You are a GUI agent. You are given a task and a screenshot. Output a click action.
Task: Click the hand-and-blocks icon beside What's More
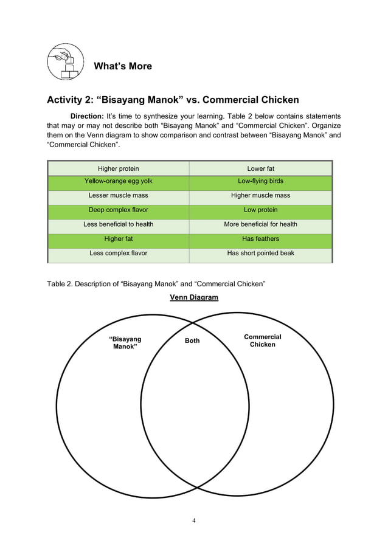64,61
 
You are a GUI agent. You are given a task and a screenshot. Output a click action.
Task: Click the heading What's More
123,66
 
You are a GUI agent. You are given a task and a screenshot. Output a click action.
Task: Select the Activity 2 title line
173,100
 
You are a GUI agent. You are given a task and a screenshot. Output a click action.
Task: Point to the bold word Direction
87,116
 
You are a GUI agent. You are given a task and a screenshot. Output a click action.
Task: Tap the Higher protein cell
119,168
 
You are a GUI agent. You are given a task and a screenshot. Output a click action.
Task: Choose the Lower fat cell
260,168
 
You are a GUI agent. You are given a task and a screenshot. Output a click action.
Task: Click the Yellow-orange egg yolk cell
119,181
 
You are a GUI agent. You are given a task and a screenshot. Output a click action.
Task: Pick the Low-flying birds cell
260,181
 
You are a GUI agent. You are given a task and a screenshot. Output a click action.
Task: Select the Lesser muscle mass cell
119,196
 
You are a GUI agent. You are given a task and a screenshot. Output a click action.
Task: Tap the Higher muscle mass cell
260,196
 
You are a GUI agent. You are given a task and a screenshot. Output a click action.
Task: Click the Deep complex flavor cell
119,210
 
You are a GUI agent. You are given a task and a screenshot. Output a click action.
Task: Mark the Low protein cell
260,210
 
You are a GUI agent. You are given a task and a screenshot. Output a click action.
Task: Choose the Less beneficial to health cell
119,224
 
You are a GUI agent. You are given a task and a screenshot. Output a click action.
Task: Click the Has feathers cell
260,239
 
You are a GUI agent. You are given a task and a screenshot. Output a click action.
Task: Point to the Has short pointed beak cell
260,253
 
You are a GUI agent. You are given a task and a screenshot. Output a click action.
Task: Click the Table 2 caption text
156,283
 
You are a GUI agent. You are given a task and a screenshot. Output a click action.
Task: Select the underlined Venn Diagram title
194,297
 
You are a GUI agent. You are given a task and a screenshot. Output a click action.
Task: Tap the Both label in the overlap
192,341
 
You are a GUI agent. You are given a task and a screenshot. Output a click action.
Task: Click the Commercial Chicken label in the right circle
263,340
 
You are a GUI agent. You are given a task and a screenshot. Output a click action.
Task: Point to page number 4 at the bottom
194,520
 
